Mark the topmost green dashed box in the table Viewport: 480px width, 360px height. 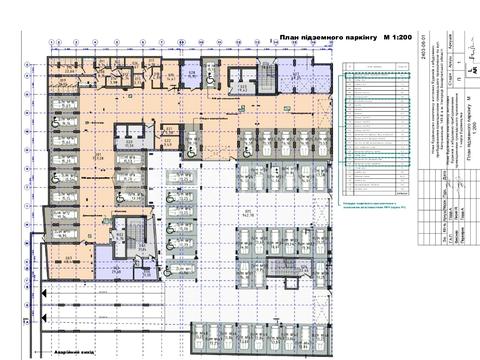click(375, 79)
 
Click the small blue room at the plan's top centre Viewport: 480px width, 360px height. click(188, 76)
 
